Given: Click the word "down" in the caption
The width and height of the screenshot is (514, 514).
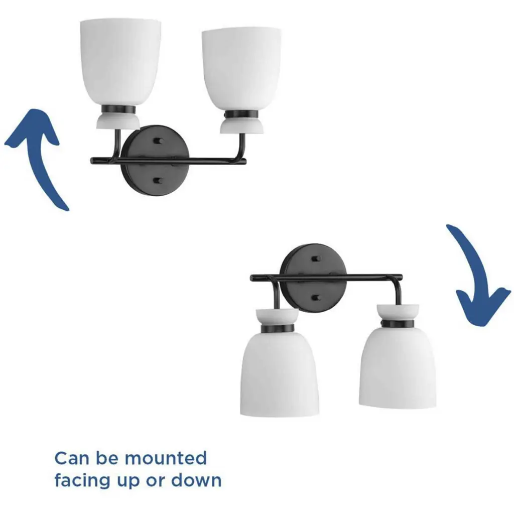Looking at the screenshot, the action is click(196, 480).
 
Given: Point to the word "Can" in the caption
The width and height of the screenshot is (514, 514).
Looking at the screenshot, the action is click(72, 458).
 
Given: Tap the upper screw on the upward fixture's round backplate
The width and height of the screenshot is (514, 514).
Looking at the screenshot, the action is click(158, 141).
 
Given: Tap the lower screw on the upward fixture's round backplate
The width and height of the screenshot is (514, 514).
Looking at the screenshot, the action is click(158, 181).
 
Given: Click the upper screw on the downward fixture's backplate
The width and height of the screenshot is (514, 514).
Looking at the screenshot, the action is click(316, 259).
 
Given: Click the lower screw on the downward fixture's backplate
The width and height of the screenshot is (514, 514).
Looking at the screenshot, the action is click(316, 298).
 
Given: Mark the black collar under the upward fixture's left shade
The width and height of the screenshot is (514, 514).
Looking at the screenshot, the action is click(118, 110).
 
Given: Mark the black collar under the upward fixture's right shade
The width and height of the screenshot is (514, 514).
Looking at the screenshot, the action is click(241, 115).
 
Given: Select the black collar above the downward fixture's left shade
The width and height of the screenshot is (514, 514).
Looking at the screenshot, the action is click(278, 328).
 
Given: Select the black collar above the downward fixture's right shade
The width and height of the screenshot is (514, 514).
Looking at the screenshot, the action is click(398, 324).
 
